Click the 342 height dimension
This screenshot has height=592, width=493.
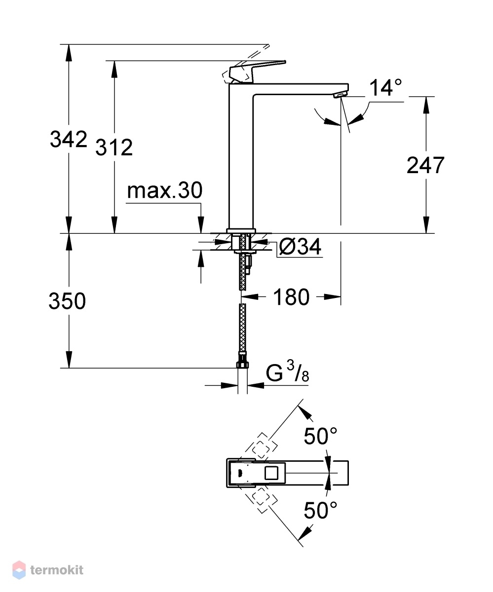point(69,139)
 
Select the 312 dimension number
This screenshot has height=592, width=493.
point(114,147)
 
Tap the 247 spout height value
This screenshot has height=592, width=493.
point(425,165)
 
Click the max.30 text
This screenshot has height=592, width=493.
point(164,190)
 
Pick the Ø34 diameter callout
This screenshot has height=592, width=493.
point(300,246)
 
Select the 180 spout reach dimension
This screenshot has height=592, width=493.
point(291,297)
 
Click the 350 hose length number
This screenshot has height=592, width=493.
point(67,300)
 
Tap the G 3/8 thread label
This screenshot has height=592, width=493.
point(287,371)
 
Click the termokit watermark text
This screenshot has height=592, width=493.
point(57,570)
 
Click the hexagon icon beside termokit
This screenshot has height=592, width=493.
point(19,570)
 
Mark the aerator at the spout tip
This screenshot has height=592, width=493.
point(341,95)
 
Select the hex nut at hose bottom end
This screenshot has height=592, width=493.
point(242,365)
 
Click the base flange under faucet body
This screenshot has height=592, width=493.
point(241,231)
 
